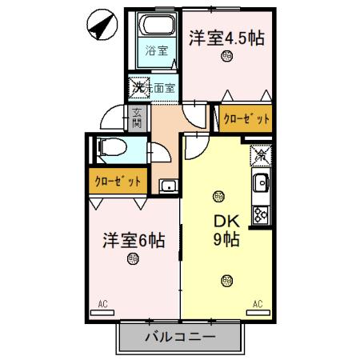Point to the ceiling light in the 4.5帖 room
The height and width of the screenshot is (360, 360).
[228, 57]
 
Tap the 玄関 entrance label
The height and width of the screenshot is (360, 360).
[137, 118]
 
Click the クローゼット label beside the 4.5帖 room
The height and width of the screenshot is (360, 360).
[246, 119]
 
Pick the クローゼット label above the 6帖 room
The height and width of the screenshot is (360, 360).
[118, 181]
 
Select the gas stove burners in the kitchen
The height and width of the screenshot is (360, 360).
[261, 213]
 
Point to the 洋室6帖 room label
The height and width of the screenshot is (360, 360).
[134, 239]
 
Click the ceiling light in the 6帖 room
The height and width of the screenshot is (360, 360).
[132, 258]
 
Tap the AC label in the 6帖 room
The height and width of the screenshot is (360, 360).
[102, 303]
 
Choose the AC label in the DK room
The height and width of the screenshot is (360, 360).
[258, 303]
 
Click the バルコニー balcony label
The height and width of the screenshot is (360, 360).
[180, 337]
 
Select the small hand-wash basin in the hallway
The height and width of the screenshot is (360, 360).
[167, 187]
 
